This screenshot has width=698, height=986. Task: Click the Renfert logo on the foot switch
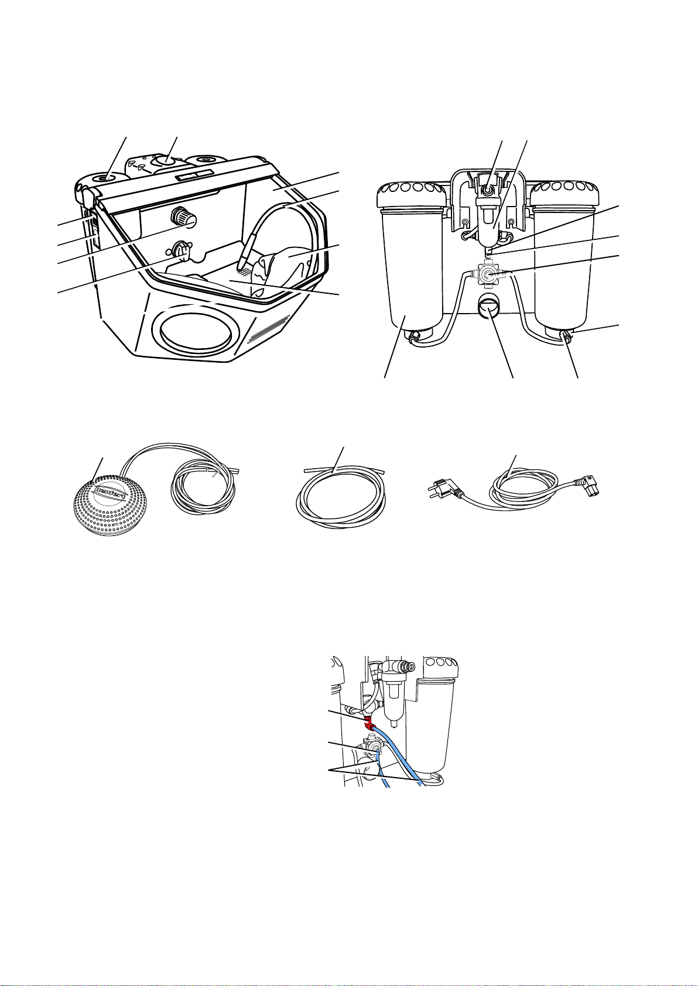[x=110, y=494]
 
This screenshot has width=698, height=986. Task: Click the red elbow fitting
[x=367, y=722]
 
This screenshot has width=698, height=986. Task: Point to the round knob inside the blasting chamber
[x=182, y=216]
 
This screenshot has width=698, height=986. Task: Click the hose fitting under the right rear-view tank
[x=566, y=336]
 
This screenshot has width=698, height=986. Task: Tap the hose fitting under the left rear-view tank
[x=413, y=338]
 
